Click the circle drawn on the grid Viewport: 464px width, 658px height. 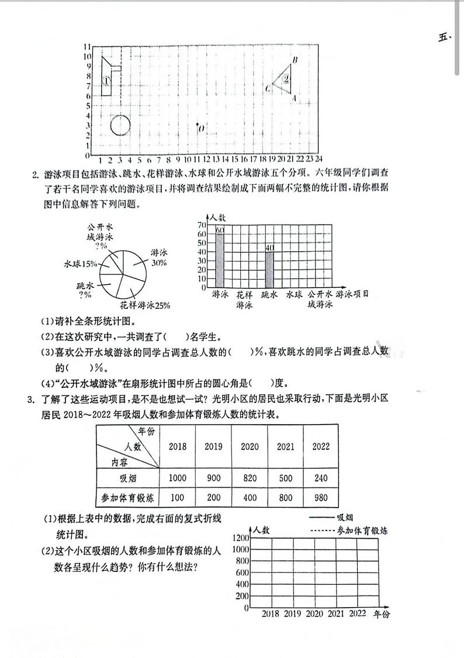point(120,125)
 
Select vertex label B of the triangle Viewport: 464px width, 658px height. point(295,60)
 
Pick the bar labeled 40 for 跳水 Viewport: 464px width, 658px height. point(269,266)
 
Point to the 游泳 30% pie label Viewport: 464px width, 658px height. point(158,258)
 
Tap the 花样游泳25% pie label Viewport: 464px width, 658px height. point(146,305)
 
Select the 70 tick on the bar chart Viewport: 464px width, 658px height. point(202,225)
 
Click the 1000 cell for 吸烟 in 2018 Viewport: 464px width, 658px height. point(178,478)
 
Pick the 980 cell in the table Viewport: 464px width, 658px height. point(321,498)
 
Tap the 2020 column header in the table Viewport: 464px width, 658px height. point(250,446)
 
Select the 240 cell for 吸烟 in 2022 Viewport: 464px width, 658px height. point(321,478)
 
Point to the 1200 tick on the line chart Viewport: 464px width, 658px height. point(240,538)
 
